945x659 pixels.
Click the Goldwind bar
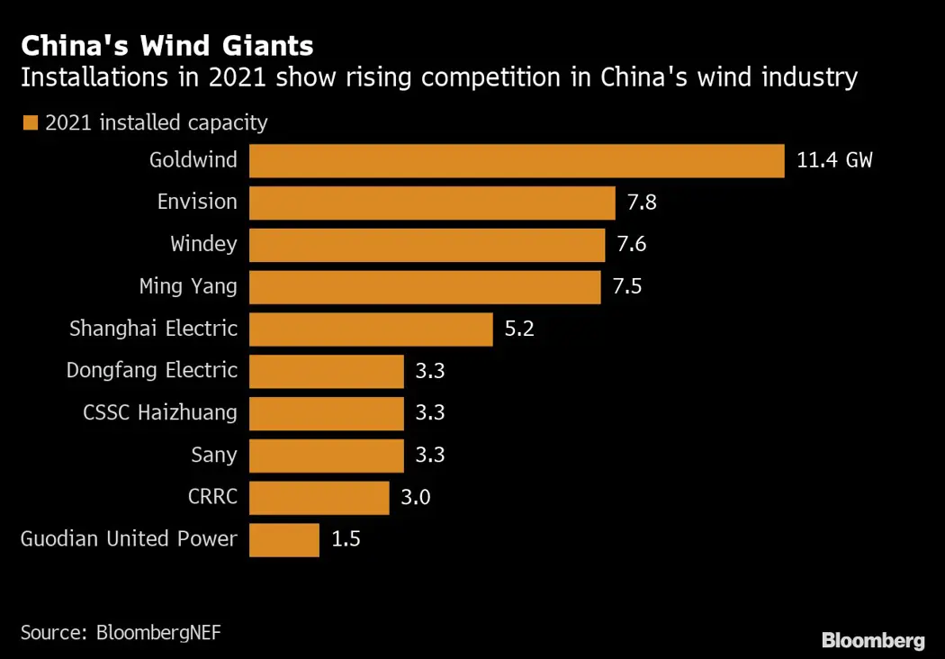[x=517, y=161]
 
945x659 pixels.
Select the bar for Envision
[x=432, y=203]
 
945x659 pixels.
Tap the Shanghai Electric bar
[x=371, y=329]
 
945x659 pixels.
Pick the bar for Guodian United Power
[x=284, y=539]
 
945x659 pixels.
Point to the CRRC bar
[x=319, y=497]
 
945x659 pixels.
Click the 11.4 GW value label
[x=834, y=161]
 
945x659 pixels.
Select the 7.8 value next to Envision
[x=642, y=203]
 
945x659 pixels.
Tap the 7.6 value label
[x=631, y=245]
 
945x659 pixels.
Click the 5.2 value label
[x=519, y=329]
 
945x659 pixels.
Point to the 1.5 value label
[x=346, y=539]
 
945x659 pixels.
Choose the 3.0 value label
[x=415, y=497]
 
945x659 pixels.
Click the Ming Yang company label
[x=188, y=287]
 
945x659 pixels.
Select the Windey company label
[x=203, y=245]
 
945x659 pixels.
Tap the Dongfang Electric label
[x=152, y=371]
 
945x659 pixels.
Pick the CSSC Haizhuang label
[x=160, y=413]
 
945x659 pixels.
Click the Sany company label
[x=214, y=455]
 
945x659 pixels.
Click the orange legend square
[x=31, y=123]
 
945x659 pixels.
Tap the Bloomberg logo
[x=872, y=641]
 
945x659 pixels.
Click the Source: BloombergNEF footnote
[x=121, y=632]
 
